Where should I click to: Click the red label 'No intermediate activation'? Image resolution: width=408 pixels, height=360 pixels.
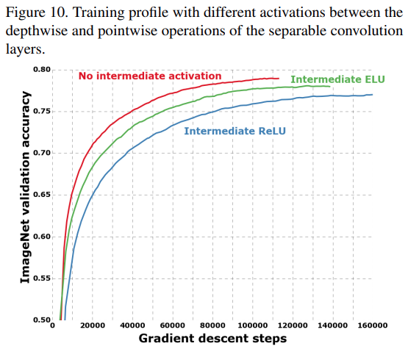(149, 76)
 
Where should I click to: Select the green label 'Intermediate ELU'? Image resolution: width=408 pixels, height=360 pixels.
(337, 79)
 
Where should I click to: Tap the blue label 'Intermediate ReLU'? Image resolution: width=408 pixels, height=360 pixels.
(235, 131)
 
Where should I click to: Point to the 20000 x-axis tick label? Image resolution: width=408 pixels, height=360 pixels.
(92, 325)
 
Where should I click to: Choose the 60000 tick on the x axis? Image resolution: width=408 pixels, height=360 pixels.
(172, 325)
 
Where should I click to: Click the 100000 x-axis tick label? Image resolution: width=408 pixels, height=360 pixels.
(251, 325)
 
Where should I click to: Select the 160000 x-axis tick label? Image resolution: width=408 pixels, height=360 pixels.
(371, 325)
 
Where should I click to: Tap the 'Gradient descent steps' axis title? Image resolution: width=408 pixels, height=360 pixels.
(212, 339)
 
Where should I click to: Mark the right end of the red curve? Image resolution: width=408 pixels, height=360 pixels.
(279, 78)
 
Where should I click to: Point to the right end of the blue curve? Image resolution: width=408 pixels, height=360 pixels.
(372, 95)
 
